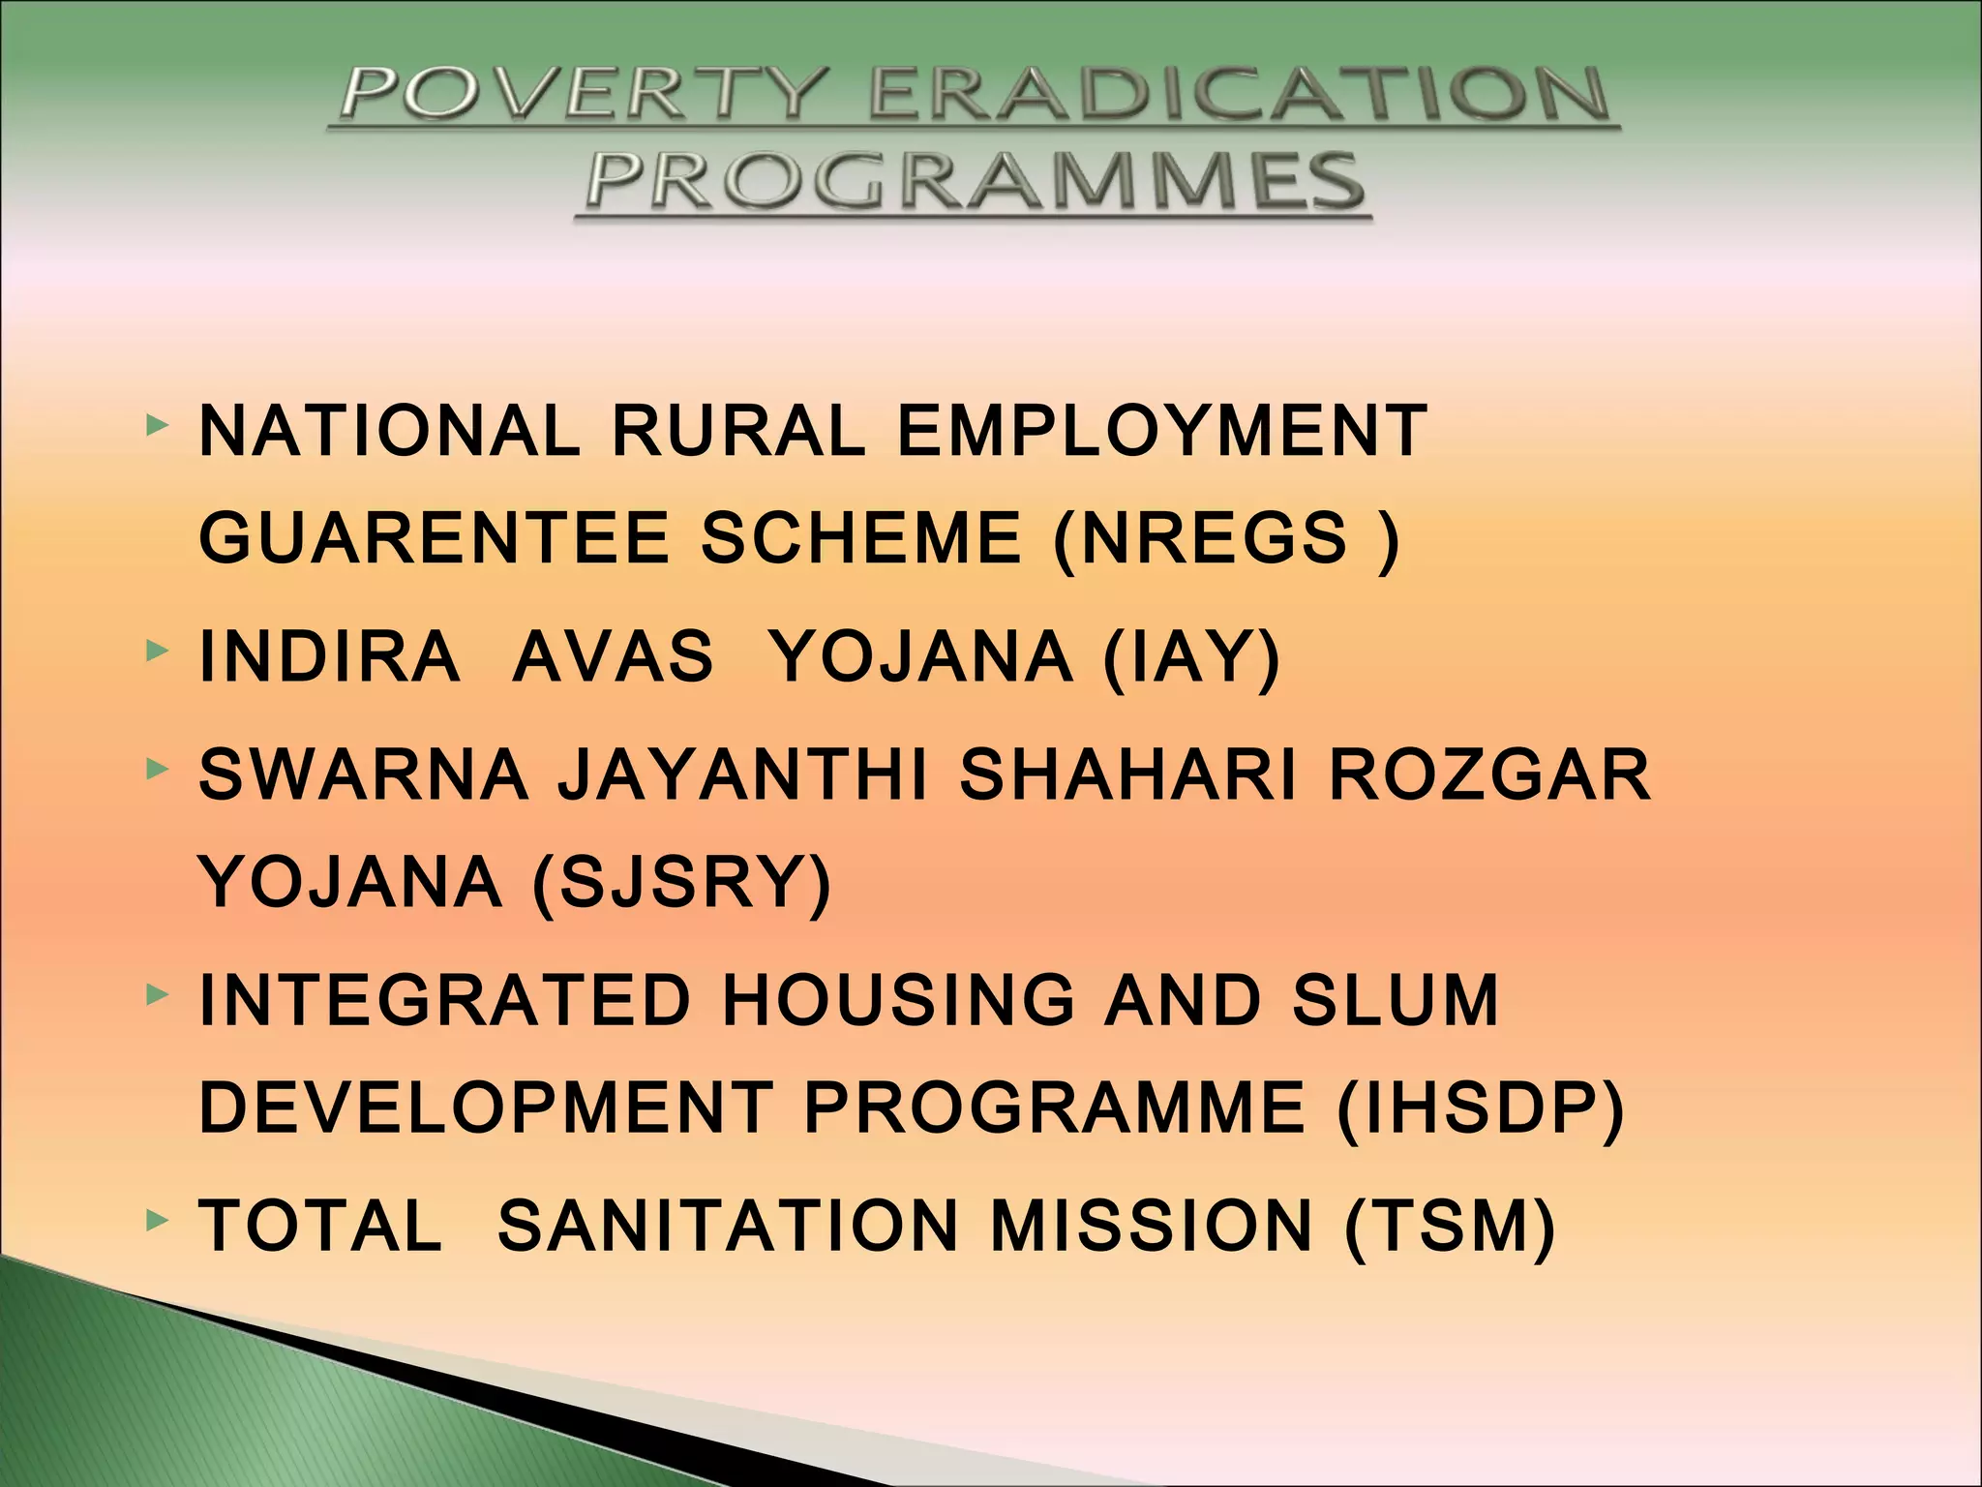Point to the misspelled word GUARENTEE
(434, 538)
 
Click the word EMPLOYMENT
(1161, 431)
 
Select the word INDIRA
(329, 657)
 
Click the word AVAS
(614, 657)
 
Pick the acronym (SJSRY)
(682, 883)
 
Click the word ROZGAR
(1489, 775)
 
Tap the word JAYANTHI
(743, 775)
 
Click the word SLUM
(1396, 1000)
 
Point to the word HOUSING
(899, 1000)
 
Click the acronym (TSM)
(1450, 1226)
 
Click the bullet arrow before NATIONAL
(156, 425)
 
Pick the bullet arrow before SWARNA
(156, 770)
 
